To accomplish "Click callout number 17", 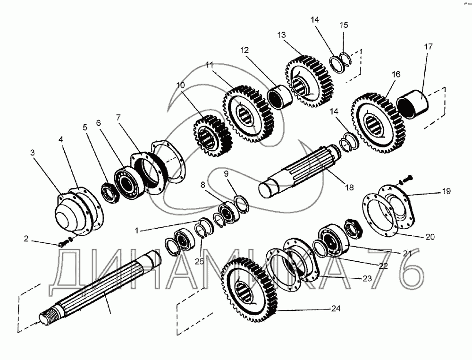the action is tap(428, 47).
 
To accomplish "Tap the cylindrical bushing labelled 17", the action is tap(413, 103).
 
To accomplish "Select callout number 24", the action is tap(336, 309).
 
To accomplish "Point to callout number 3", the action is tap(32, 153).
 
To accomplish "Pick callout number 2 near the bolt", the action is tap(26, 239).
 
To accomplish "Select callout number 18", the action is tap(349, 188).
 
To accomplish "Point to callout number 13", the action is tap(281, 35).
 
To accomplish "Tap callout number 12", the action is tap(244, 50).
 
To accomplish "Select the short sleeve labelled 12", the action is tap(279, 96).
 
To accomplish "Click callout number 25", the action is tap(199, 261).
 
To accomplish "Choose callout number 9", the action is tap(226, 173).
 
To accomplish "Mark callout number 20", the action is tap(430, 237).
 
